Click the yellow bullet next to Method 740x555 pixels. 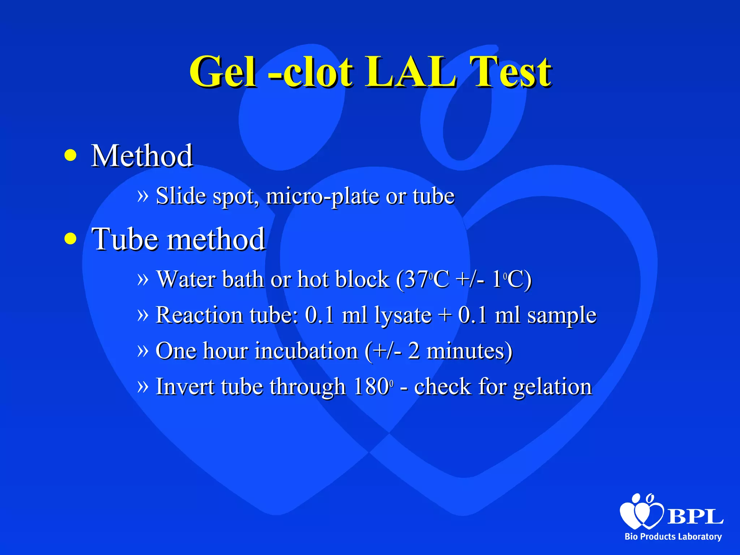click(70, 155)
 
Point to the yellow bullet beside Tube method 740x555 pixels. click(70, 238)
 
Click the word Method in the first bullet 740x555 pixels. click(142, 156)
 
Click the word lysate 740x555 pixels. click(403, 315)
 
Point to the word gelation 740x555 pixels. click(552, 387)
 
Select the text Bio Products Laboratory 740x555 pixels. click(673, 537)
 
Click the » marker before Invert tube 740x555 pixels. click(143, 386)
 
